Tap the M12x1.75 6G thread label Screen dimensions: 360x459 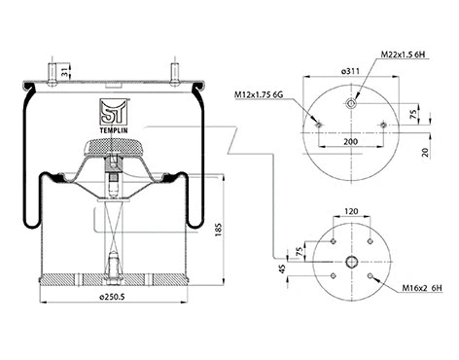click(262, 94)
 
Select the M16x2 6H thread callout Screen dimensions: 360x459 click(421, 289)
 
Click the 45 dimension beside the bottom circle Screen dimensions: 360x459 click(283, 270)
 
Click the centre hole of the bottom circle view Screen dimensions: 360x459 click(351, 261)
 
